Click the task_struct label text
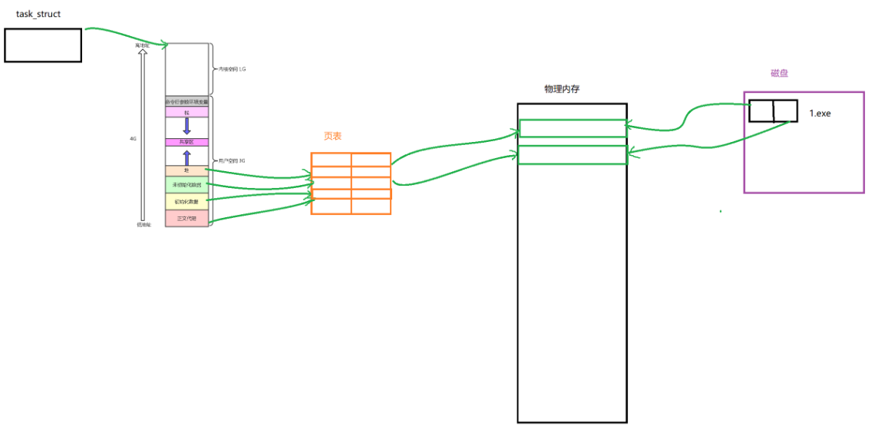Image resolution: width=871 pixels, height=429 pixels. (x=39, y=15)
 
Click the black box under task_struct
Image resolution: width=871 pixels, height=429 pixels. (x=43, y=45)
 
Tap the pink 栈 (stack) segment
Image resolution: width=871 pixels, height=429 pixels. (x=186, y=112)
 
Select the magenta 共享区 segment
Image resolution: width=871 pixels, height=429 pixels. (x=186, y=142)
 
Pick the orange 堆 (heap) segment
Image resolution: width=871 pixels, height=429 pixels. (x=186, y=170)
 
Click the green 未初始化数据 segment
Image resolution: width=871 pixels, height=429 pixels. (x=186, y=185)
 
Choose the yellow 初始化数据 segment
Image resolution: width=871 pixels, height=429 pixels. (x=186, y=202)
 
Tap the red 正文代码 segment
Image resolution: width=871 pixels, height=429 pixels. (x=186, y=219)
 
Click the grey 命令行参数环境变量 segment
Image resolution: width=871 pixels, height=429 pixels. (x=186, y=101)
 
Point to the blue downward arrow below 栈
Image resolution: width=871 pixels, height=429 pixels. (x=186, y=126)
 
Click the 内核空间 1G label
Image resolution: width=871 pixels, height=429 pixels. (x=232, y=69)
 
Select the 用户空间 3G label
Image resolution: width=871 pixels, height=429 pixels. (x=232, y=161)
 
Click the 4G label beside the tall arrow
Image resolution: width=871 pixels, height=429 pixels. (x=134, y=139)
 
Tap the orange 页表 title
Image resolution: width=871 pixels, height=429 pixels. (x=332, y=136)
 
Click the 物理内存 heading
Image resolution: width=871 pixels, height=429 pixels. (x=562, y=89)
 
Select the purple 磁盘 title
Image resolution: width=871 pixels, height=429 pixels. (x=780, y=74)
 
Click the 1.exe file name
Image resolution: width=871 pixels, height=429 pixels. (x=820, y=114)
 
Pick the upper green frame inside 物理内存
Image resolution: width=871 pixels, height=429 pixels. (x=572, y=128)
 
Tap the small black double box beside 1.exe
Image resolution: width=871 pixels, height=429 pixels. (x=773, y=111)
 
